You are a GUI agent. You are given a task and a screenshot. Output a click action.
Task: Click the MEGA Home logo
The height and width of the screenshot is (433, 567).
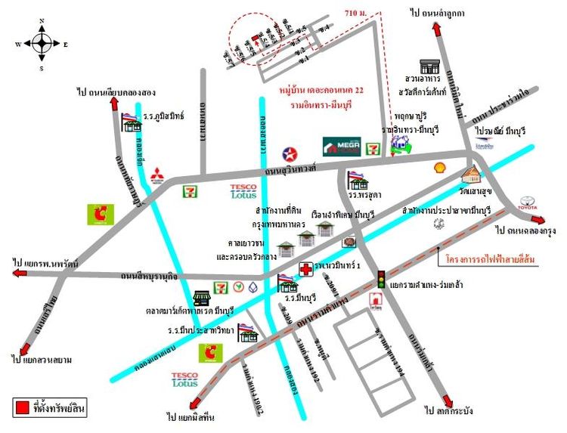[x=339, y=146]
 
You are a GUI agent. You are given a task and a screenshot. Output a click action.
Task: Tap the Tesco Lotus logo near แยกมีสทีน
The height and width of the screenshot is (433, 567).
[x=185, y=379]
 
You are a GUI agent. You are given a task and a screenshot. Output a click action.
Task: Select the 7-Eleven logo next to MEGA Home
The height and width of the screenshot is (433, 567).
[x=373, y=148]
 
